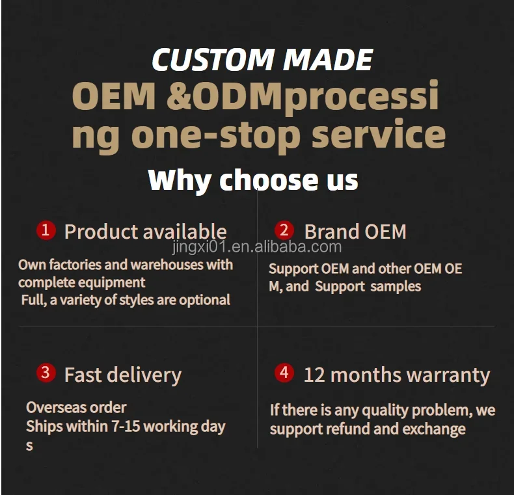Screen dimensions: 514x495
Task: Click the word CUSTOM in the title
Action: pos(212,59)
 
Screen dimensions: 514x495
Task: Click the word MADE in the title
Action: pos(328,59)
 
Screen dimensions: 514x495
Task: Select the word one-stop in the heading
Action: pos(215,136)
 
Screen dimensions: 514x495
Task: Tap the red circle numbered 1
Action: pos(46,230)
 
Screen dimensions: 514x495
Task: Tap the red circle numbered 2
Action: pos(284,230)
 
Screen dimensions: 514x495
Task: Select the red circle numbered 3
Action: pos(46,373)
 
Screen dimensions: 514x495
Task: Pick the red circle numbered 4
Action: pos(284,373)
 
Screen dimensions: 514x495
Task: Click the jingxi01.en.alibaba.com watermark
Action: pos(256,247)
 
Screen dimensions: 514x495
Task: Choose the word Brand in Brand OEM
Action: pos(332,232)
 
